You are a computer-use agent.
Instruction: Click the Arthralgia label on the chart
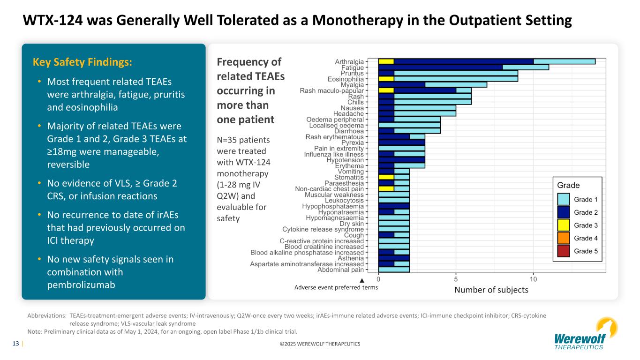click(349, 61)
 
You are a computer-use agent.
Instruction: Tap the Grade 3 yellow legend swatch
click(564, 225)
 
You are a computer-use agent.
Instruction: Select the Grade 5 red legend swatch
click(564, 251)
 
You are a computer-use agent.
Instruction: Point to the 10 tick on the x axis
click(533, 279)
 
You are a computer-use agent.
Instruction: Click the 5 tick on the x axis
click(456, 279)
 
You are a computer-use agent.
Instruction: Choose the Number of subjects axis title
click(491, 290)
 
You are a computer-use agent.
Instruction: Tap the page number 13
click(15, 344)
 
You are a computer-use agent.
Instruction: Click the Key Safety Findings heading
click(83, 62)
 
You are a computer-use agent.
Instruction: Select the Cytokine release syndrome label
click(323, 229)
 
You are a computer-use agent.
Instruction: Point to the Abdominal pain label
click(340, 270)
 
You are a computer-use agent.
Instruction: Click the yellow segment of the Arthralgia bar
click(386, 61)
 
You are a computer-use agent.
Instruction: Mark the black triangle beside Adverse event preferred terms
click(361, 280)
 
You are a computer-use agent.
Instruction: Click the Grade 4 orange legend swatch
click(564, 238)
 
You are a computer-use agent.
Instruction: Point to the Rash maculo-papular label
click(331, 90)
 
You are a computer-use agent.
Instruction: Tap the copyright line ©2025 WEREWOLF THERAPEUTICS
click(320, 344)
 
